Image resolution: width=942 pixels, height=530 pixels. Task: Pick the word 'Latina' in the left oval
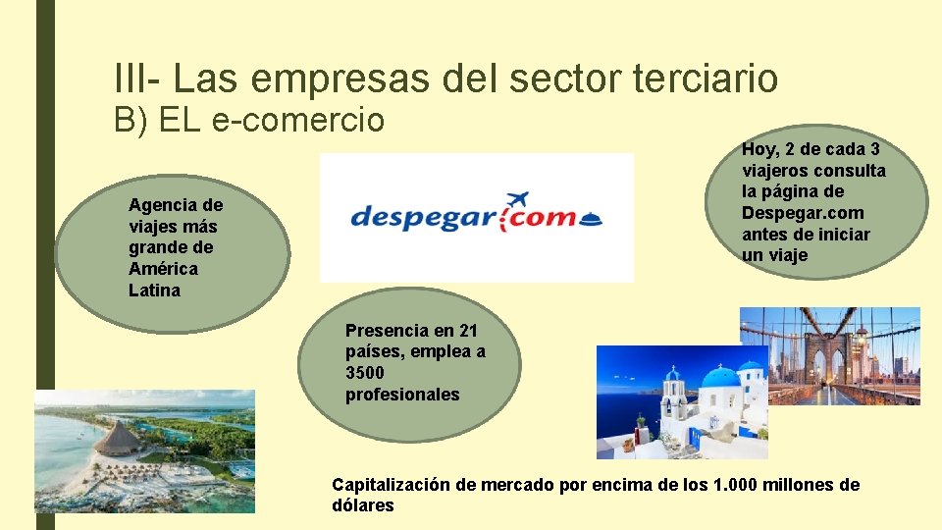154,291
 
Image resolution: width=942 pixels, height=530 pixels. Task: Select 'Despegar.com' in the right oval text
803,213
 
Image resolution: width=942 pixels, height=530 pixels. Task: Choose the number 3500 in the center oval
364,373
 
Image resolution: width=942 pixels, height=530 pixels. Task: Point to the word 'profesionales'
401,395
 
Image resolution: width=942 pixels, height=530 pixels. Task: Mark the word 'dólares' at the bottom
362,506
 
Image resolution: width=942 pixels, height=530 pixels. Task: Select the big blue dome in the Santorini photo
720,379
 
